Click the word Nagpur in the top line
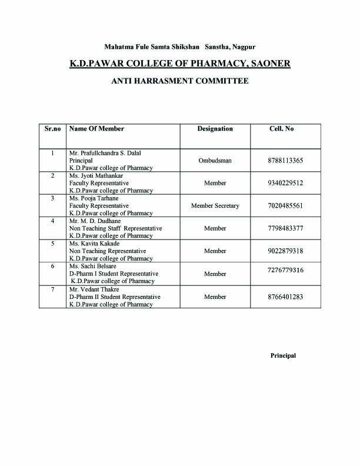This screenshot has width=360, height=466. click(243, 46)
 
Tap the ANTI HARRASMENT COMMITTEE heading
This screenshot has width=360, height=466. click(179, 81)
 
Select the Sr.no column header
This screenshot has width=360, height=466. click(53, 129)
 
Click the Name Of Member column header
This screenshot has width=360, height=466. click(96, 129)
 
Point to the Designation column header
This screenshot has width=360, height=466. click(215, 129)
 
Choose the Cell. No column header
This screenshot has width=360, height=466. click(281, 129)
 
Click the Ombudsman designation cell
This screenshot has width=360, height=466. click(215, 160)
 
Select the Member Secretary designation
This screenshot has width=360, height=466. click(215, 206)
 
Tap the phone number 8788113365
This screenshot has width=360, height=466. click(285, 160)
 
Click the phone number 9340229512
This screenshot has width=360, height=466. click(285, 183)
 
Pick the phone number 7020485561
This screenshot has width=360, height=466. click(285, 206)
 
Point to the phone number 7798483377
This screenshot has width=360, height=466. click(285, 228)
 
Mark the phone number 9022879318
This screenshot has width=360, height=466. click(285, 251)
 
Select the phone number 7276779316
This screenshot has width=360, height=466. click(285, 270)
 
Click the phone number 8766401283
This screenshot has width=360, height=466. click(285, 297)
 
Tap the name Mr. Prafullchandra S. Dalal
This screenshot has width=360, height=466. click(105, 153)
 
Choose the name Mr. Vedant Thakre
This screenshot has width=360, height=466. click(94, 289)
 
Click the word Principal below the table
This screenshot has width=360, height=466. click(283, 355)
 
